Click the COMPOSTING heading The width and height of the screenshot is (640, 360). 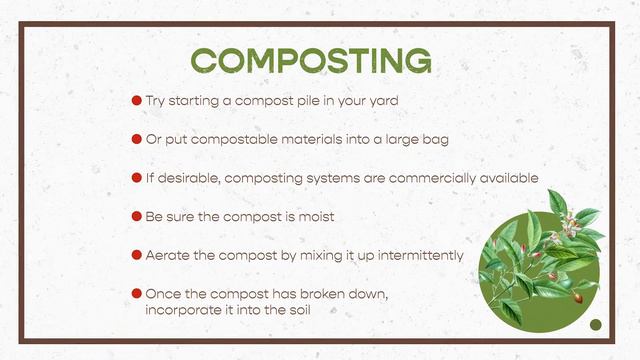click(x=311, y=60)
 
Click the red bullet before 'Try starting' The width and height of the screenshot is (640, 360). click(x=137, y=101)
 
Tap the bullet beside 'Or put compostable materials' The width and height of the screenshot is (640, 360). click(x=137, y=139)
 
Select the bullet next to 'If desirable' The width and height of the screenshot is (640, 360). click(x=137, y=178)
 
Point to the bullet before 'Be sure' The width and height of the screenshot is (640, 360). click(x=137, y=216)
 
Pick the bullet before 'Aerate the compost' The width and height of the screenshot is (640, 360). click(x=137, y=255)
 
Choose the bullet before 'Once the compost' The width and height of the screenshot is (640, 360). click(x=137, y=294)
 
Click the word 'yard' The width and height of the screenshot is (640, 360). click(x=384, y=101)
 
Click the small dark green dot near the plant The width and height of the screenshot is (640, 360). click(x=596, y=324)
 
